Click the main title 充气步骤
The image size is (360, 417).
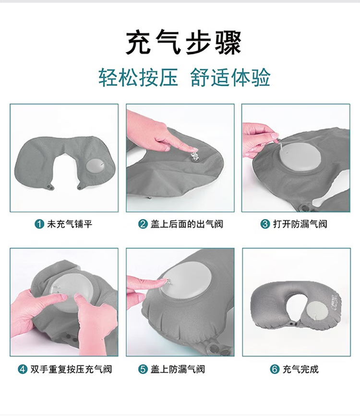(x=183, y=43)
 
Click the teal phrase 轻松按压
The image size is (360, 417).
(x=138, y=77)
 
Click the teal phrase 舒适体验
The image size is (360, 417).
(x=230, y=77)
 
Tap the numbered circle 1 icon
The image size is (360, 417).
(x=39, y=224)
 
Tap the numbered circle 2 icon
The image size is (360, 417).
(x=143, y=224)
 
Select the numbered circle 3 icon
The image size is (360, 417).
(x=265, y=224)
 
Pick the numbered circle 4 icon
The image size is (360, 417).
(x=23, y=369)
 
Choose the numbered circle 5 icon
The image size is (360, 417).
(x=143, y=369)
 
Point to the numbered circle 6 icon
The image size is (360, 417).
(x=275, y=369)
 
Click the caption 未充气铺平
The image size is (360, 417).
(x=70, y=224)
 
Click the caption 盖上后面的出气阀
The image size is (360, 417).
(x=187, y=224)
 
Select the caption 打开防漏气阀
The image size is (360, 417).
(x=300, y=224)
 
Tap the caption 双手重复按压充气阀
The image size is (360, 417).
(x=71, y=369)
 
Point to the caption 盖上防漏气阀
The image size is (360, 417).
(x=178, y=369)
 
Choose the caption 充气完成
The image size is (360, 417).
(x=300, y=369)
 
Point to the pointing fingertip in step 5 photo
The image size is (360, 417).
(x=163, y=281)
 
